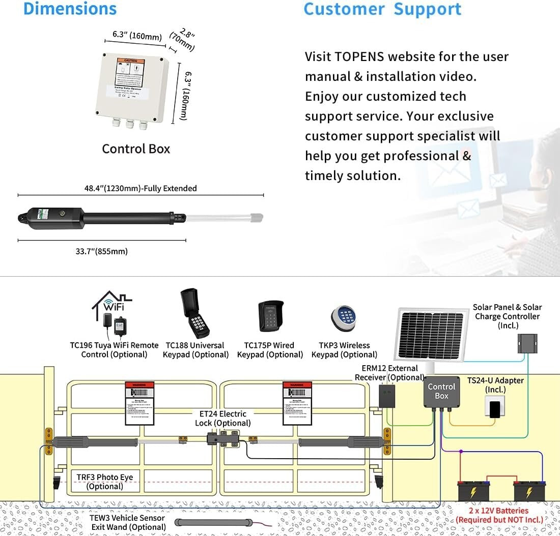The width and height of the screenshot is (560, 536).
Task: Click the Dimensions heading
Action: point(70,9)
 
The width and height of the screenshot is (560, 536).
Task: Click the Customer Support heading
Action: point(382,9)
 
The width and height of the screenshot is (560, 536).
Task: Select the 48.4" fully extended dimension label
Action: point(141,188)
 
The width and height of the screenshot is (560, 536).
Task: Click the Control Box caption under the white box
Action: point(136,149)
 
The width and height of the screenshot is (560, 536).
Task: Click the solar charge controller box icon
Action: point(527,344)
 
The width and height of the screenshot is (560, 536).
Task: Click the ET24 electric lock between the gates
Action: point(223,438)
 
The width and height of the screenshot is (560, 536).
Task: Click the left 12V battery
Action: point(473,492)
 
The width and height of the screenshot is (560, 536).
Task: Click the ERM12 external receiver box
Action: point(387,396)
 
